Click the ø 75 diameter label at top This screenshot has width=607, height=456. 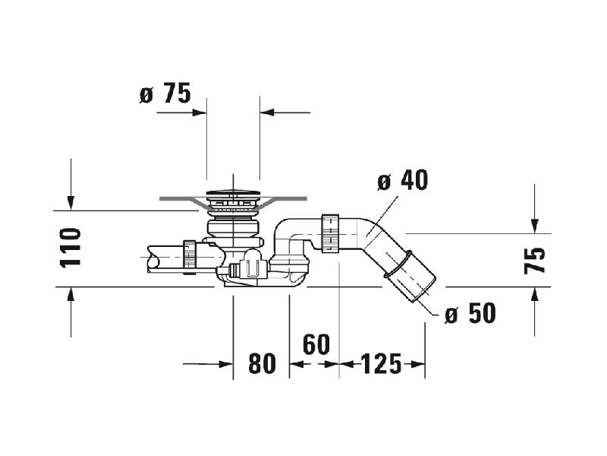click(x=165, y=93)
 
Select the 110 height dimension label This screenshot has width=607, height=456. click(x=71, y=248)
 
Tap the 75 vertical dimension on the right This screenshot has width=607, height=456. click(x=534, y=260)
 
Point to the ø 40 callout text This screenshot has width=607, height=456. click(x=403, y=180)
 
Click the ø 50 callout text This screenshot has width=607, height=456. click(x=470, y=313)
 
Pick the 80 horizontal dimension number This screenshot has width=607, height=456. click(x=262, y=364)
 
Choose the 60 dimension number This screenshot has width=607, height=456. click(x=316, y=344)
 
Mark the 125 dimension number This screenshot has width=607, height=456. click(x=382, y=364)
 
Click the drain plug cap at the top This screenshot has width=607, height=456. click(x=233, y=192)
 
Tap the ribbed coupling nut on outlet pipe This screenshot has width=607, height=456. click(x=330, y=233)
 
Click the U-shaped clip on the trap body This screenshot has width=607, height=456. click(x=252, y=268)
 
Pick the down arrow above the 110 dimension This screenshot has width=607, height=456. click(x=71, y=185)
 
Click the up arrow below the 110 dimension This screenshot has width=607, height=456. click(x=71, y=312)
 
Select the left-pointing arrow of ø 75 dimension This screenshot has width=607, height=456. click(x=285, y=112)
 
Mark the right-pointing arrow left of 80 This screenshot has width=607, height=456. click(x=208, y=364)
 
